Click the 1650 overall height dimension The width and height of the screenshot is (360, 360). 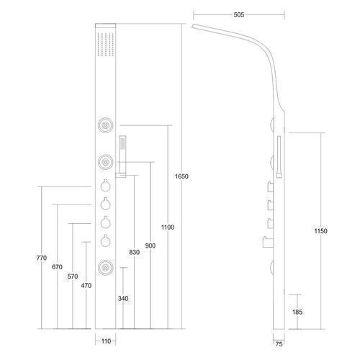pyautogui.click(x=181, y=176)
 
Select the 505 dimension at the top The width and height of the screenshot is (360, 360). pyautogui.click(x=239, y=15)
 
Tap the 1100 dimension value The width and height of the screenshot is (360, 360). pyautogui.click(x=168, y=228)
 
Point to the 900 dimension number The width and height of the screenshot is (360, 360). pyautogui.click(x=150, y=246)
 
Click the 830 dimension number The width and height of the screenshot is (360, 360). pyautogui.click(x=135, y=252)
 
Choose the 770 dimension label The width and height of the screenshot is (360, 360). pyautogui.click(x=42, y=258)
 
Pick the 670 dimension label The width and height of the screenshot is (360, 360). pyautogui.click(x=57, y=267)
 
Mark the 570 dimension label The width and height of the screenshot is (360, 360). pyautogui.click(x=73, y=276)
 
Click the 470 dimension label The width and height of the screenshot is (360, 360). pyautogui.click(x=86, y=286)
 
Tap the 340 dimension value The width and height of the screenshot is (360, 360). pyautogui.click(x=123, y=299)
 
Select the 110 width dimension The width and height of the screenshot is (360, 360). pyautogui.click(x=106, y=341)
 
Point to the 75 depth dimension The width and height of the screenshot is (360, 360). pyautogui.click(x=279, y=344)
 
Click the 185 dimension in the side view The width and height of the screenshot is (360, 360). pyautogui.click(x=297, y=312)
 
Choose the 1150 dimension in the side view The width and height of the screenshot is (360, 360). pyautogui.click(x=321, y=231)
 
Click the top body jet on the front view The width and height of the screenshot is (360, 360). pyautogui.click(x=105, y=125)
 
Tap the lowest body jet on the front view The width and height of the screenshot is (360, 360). pyautogui.click(x=105, y=267)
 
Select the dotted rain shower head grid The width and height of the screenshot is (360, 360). pyautogui.click(x=106, y=44)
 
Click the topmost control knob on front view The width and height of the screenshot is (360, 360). pyautogui.click(x=105, y=186)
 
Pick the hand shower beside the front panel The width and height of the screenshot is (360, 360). pyautogui.click(x=122, y=157)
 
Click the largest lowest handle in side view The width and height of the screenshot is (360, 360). pyautogui.click(x=268, y=242)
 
